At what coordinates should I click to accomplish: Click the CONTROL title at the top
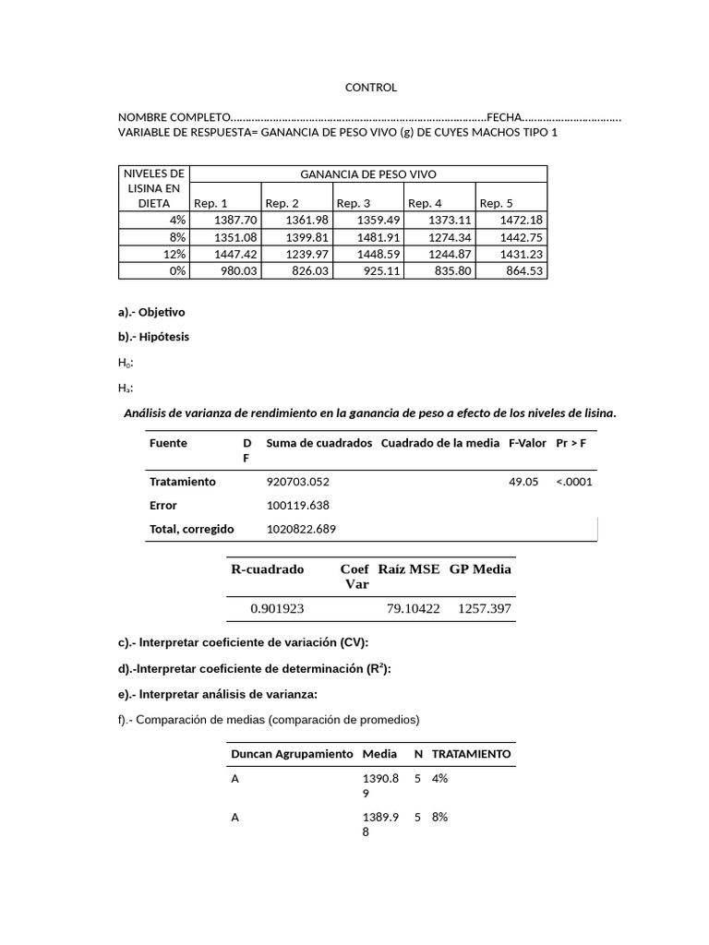370,88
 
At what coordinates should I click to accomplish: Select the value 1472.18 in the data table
522,220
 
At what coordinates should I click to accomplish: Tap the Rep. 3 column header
354,203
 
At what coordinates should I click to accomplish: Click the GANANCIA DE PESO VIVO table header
368,173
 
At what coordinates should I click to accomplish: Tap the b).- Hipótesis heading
153,337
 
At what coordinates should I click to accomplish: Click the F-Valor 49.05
523,482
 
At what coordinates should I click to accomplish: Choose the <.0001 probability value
574,482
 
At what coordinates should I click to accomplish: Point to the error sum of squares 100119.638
297,506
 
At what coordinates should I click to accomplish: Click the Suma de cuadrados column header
318,443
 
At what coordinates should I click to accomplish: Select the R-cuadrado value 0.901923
277,609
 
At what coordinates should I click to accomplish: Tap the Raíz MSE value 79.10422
413,609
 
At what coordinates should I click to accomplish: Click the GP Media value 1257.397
484,609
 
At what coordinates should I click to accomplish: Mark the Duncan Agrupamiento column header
291,754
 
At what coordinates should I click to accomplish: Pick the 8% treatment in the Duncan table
439,817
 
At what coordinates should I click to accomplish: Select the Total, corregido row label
191,529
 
